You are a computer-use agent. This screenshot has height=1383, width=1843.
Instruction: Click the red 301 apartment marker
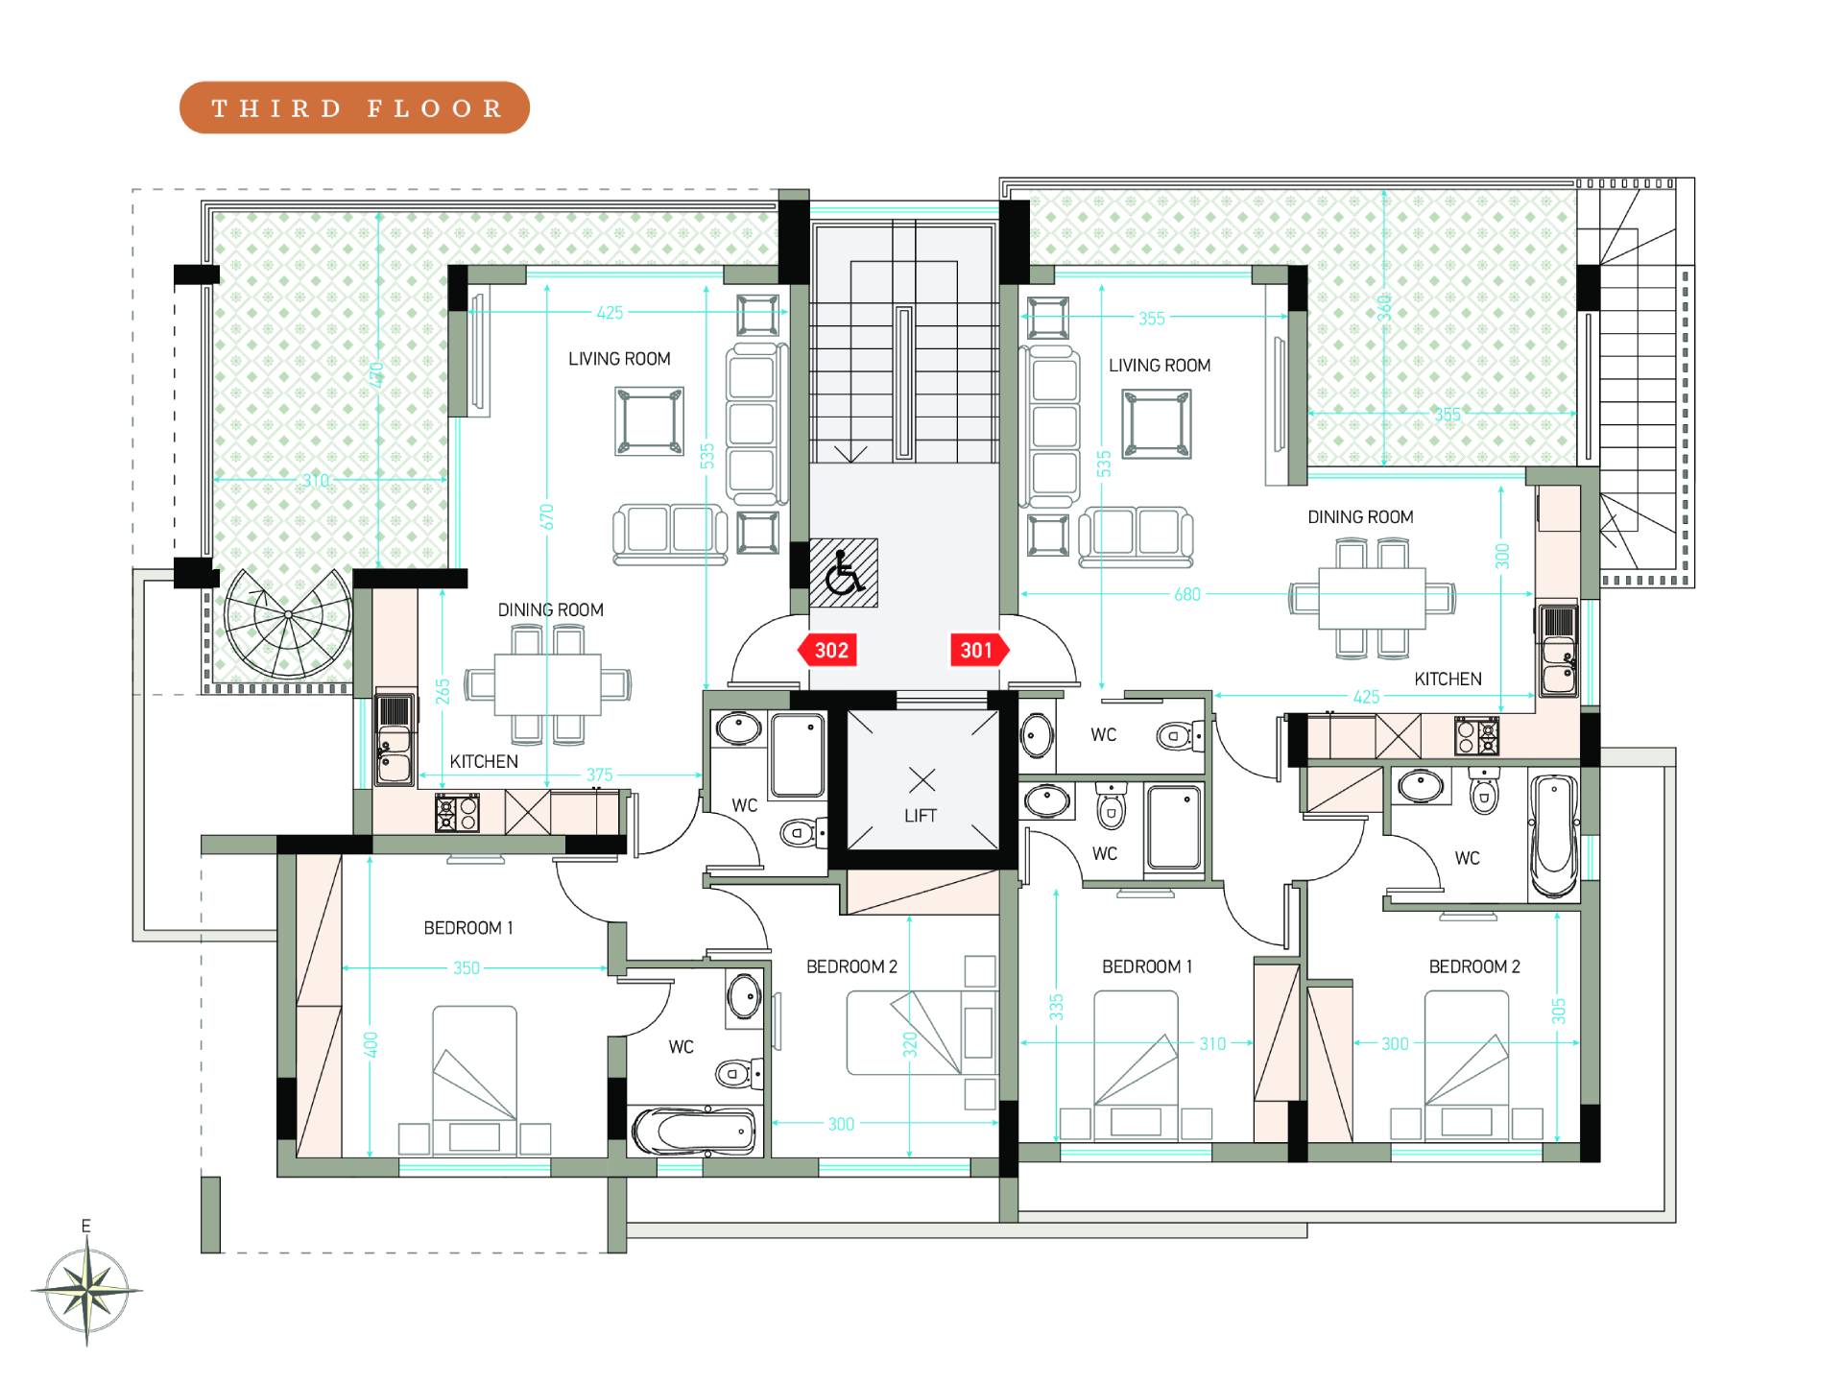tap(980, 651)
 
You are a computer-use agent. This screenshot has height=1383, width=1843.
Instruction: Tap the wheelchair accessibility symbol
tap(844, 573)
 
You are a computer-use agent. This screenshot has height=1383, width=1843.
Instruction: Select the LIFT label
tap(920, 816)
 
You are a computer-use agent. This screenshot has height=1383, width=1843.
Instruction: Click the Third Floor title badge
tap(354, 107)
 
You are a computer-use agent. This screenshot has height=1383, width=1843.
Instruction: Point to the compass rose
tap(86, 1286)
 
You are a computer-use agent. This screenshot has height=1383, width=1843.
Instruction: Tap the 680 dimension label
tap(1187, 595)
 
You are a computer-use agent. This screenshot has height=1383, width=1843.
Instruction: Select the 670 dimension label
tap(547, 517)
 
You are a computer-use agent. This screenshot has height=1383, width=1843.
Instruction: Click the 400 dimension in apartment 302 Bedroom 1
tap(371, 1045)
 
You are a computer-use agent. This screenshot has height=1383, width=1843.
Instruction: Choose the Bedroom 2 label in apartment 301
tap(1474, 966)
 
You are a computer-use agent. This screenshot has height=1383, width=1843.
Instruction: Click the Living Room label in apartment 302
tap(619, 359)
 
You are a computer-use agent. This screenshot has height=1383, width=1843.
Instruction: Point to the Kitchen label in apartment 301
tap(1448, 680)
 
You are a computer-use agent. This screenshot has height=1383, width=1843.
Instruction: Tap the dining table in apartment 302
tap(548, 684)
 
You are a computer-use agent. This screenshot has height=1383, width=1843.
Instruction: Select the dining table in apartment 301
tap(1372, 598)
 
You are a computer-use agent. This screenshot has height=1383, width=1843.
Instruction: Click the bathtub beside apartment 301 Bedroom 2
tap(1553, 836)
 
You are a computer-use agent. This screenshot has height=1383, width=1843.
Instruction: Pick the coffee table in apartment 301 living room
tap(1157, 424)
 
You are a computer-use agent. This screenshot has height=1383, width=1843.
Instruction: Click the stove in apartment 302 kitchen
tap(456, 814)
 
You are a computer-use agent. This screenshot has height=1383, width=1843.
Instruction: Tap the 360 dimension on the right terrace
tap(1384, 307)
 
